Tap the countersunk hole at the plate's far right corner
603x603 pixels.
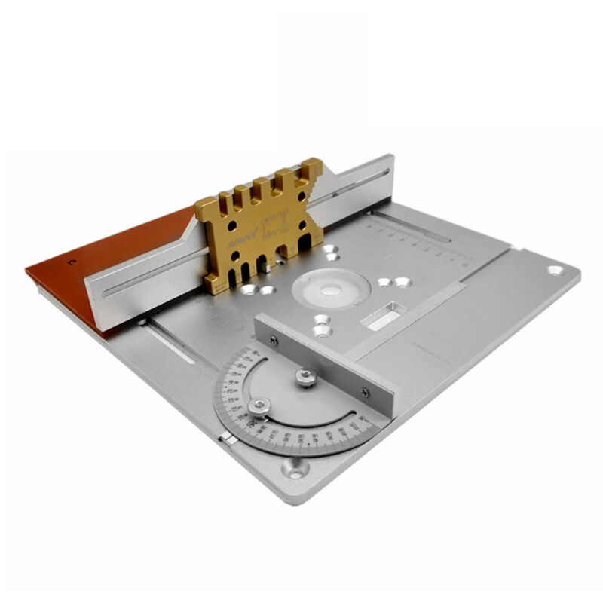[x=555, y=270]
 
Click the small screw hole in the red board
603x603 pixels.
[x=72, y=262]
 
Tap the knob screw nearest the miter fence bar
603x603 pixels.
[x=306, y=378]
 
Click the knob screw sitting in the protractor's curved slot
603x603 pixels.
[x=259, y=407]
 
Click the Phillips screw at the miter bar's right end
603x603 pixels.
[x=366, y=392]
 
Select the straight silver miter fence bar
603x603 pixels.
[x=324, y=362]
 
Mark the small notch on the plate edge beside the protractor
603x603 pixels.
[x=224, y=438]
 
